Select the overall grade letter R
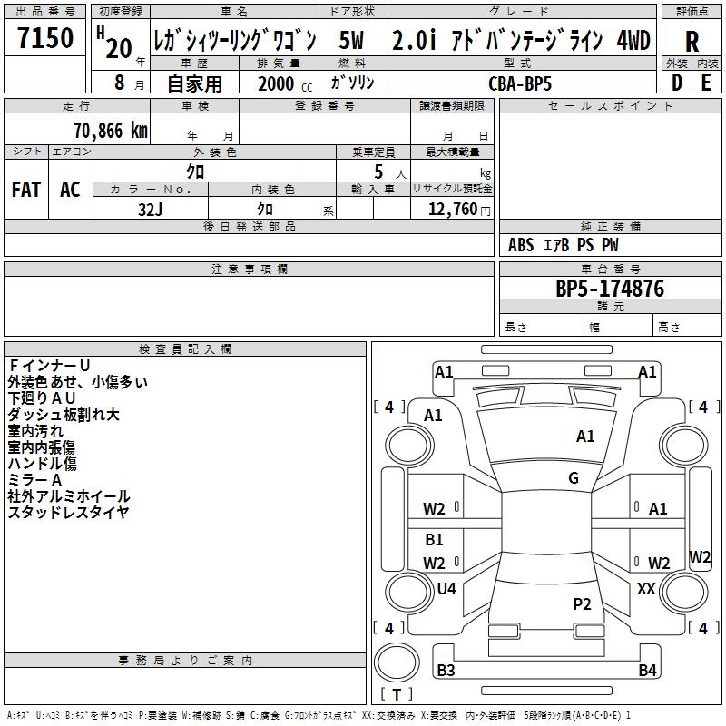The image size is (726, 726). [x=692, y=42]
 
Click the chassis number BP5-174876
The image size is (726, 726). [x=610, y=289]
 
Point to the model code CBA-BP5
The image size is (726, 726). [x=519, y=83]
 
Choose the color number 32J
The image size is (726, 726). [x=150, y=208]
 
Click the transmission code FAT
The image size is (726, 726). [x=26, y=190]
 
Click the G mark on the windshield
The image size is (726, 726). [x=574, y=478]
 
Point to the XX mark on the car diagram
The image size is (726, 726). [x=646, y=589]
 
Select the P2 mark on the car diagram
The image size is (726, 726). [x=582, y=603]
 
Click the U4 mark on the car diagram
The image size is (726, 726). [x=446, y=589]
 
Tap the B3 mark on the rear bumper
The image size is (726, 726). [x=446, y=671]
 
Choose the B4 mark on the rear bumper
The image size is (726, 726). [x=647, y=671]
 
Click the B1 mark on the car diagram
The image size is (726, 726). [x=435, y=540]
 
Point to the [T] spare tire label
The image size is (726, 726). [x=396, y=694]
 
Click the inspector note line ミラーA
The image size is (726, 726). [x=34, y=479]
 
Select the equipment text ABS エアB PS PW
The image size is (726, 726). [x=564, y=245]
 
